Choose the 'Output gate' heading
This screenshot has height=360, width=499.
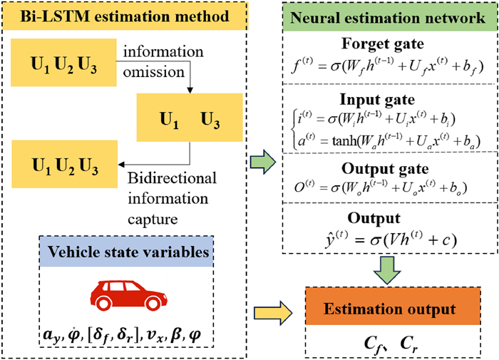coord(386,170)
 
